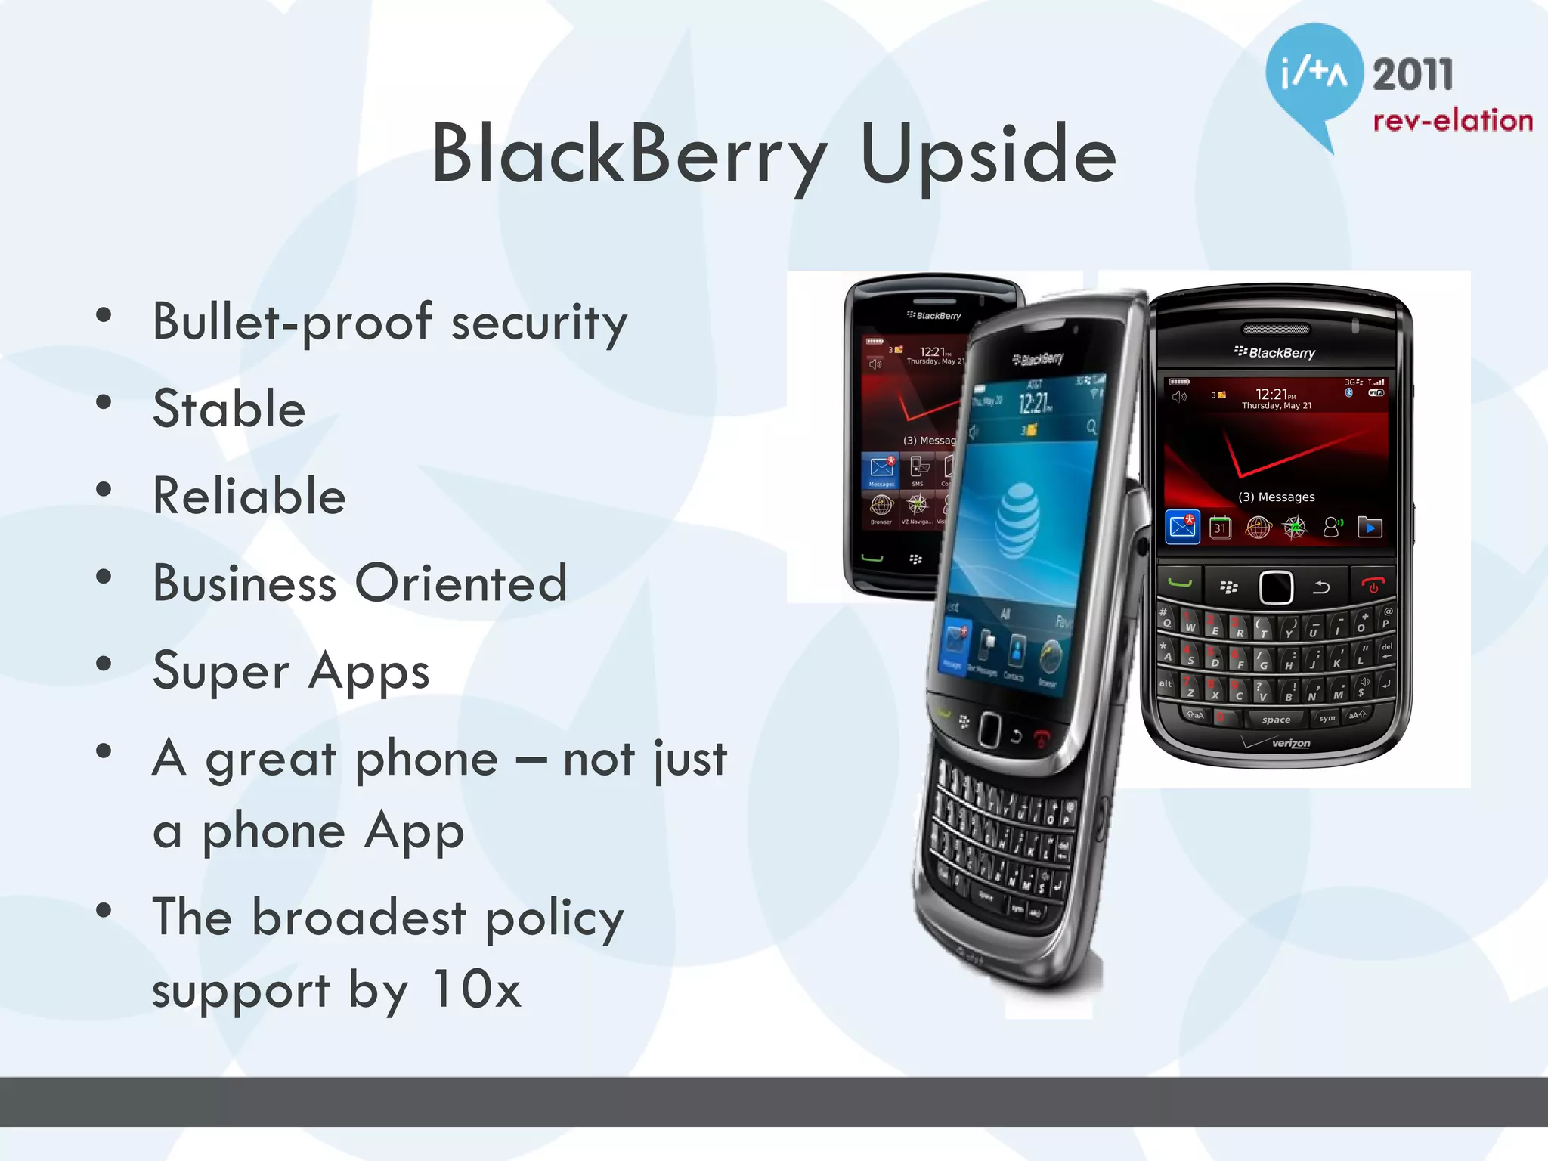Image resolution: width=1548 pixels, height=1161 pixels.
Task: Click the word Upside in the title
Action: pos(988,155)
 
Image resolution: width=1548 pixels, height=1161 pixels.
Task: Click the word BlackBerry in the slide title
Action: pos(629,155)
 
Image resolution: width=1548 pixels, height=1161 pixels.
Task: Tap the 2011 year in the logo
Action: pos(1413,75)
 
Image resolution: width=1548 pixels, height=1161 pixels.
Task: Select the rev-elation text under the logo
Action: pos(1452,121)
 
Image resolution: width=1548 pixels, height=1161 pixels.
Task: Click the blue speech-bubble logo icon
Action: pos(1314,76)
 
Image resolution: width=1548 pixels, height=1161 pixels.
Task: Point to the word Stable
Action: pos(229,409)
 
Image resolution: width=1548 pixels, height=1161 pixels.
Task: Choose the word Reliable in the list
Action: pos(249,497)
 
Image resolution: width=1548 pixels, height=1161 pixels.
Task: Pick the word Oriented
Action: pos(461,584)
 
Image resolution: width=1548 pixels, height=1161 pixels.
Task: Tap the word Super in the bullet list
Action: pos(221,671)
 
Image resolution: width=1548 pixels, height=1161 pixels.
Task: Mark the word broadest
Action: pos(359,918)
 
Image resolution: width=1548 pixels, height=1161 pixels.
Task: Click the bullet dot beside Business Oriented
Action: pos(104,577)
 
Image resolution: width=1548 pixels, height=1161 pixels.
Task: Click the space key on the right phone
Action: pos(1276,720)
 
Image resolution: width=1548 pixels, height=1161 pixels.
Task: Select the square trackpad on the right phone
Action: pos(1276,587)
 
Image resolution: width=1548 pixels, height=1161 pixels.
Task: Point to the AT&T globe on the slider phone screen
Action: pos(1017,520)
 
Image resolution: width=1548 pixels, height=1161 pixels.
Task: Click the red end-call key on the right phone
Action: pos(1373,585)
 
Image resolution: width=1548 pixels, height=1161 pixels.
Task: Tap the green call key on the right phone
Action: pos(1180,583)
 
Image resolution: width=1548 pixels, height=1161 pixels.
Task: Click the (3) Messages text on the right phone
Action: pos(1277,497)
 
